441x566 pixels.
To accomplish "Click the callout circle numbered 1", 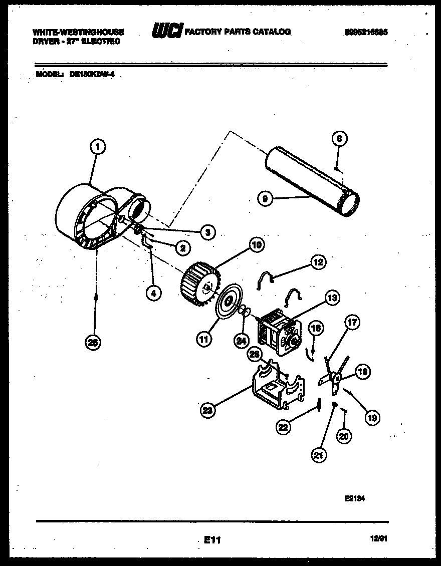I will tap(98, 147).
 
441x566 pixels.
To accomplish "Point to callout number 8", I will tap(339, 139).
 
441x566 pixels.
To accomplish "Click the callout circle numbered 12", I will tap(318, 261).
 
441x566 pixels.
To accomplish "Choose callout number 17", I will tap(352, 323).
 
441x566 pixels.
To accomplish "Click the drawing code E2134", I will tap(354, 498).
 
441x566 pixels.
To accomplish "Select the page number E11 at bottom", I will tap(212, 540).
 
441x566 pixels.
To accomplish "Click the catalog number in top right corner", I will tap(366, 32).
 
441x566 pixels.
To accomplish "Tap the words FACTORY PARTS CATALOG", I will tap(238, 32).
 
